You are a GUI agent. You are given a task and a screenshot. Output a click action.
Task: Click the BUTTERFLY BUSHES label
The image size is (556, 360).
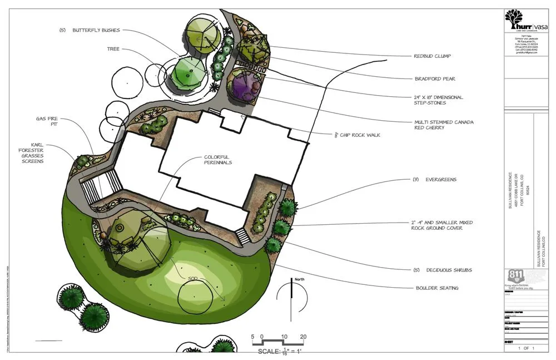96,30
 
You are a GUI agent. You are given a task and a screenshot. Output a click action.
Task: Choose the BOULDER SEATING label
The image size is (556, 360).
437,288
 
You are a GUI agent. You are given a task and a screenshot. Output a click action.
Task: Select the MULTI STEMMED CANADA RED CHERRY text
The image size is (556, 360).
444,124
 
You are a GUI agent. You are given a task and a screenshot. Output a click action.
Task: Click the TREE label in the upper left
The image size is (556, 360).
113,49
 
